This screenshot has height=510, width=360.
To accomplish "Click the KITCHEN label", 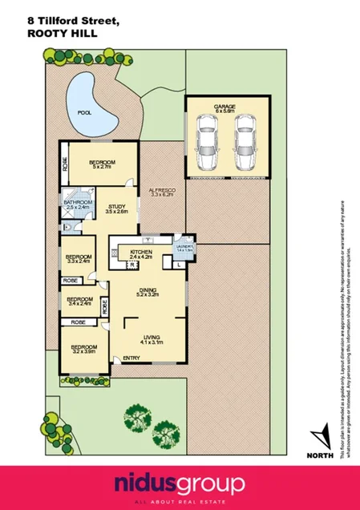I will coord(141,253).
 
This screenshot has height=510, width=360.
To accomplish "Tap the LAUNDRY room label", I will coord(185,246).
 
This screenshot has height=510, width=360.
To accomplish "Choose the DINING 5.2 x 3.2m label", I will coord(146,293).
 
